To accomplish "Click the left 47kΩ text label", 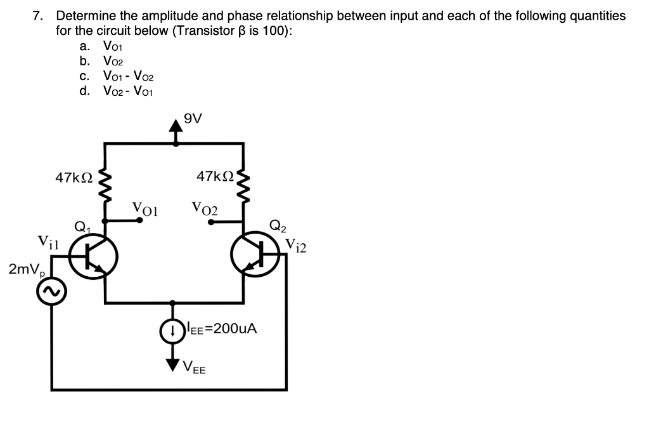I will pyautogui.click(x=74, y=178).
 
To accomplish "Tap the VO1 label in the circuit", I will pyautogui.click(x=145, y=208).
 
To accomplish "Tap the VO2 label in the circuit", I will pyautogui.click(x=204, y=208).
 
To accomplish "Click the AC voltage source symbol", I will pyautogui.click(x=51, y=292).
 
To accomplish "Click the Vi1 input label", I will pyautogui.click(x=48, y=242).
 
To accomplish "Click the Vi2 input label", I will pyautogui.click(x=295, y=244).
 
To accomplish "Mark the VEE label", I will pyautogui.click(x=194, y=366).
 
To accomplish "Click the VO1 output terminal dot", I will pyautogui.click(x=140, y=221).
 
